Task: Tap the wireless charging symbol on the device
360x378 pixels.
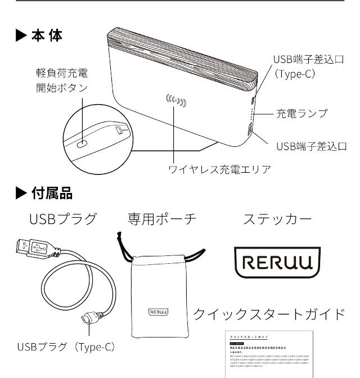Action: pyautogui.click(x=175, y=102)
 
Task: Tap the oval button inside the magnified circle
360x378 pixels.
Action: pyautogui.click(x=82, y=143)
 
